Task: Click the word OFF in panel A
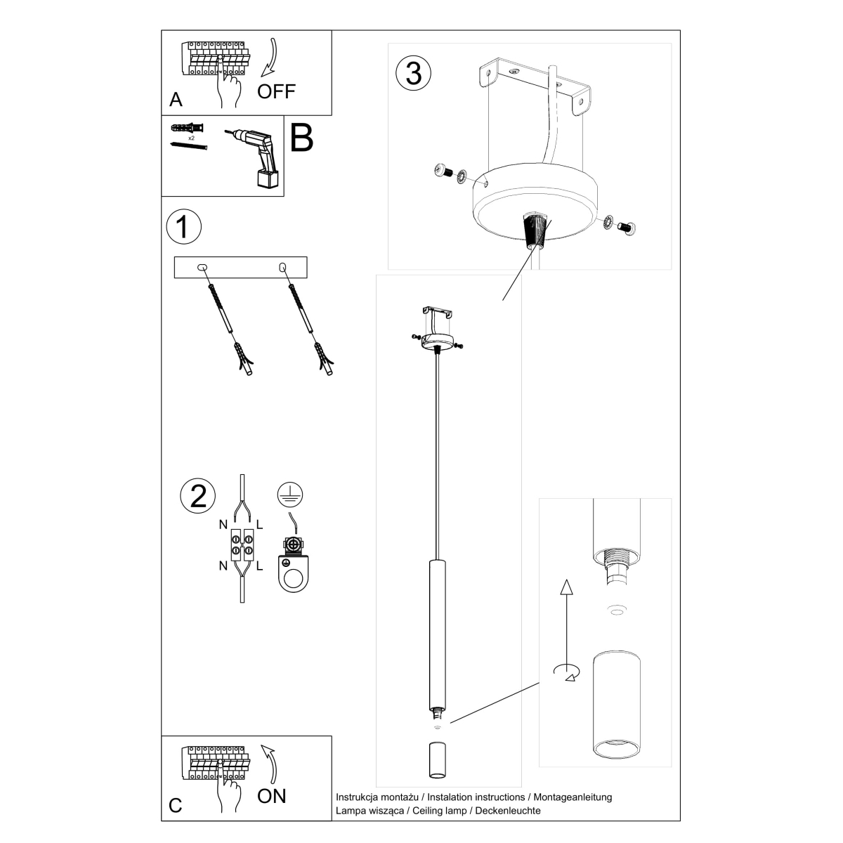tap(276, 91)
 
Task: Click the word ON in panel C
tap(272, 796)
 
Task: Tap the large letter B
tap(301, 138)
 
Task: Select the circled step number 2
tap(198, 495)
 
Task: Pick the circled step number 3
tap(413, 73)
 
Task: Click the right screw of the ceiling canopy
tap(627, 228)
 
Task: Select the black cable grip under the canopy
tap(535, 231)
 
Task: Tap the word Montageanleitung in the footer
tap(573, 797)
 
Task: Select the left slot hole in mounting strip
tap(202, 267)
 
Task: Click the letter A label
tap(176, 100)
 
